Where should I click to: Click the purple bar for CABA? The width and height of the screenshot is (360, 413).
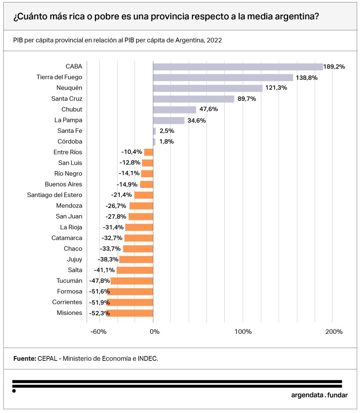[238, 67]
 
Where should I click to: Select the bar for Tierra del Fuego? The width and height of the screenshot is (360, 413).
[223, 78]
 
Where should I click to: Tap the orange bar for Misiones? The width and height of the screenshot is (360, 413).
[130, 313]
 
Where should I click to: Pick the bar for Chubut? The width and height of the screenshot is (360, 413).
[174, 109]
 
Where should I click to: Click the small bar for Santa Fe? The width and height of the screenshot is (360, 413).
[154, 131]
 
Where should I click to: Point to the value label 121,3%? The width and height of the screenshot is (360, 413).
[276, 88]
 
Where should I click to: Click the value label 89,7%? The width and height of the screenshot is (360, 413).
[246, 99]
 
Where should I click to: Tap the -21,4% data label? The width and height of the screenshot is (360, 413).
[121, 195]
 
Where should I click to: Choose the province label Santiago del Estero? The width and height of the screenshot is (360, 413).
[55, 195]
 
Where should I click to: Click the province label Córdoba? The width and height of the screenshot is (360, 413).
[70, 142]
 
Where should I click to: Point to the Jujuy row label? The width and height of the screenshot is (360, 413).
[74, 259]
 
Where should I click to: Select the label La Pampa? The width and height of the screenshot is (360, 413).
[68, 120]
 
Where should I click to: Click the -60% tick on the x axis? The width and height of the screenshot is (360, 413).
[98, 332]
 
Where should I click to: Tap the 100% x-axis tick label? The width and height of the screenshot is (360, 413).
[242, 332]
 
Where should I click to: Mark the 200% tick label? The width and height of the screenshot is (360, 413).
[333, 332]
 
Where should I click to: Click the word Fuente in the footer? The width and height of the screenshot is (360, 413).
[25, 358]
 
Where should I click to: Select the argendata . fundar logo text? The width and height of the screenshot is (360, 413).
[319, 395]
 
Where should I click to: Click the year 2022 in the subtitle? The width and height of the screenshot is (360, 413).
[214, 40]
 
